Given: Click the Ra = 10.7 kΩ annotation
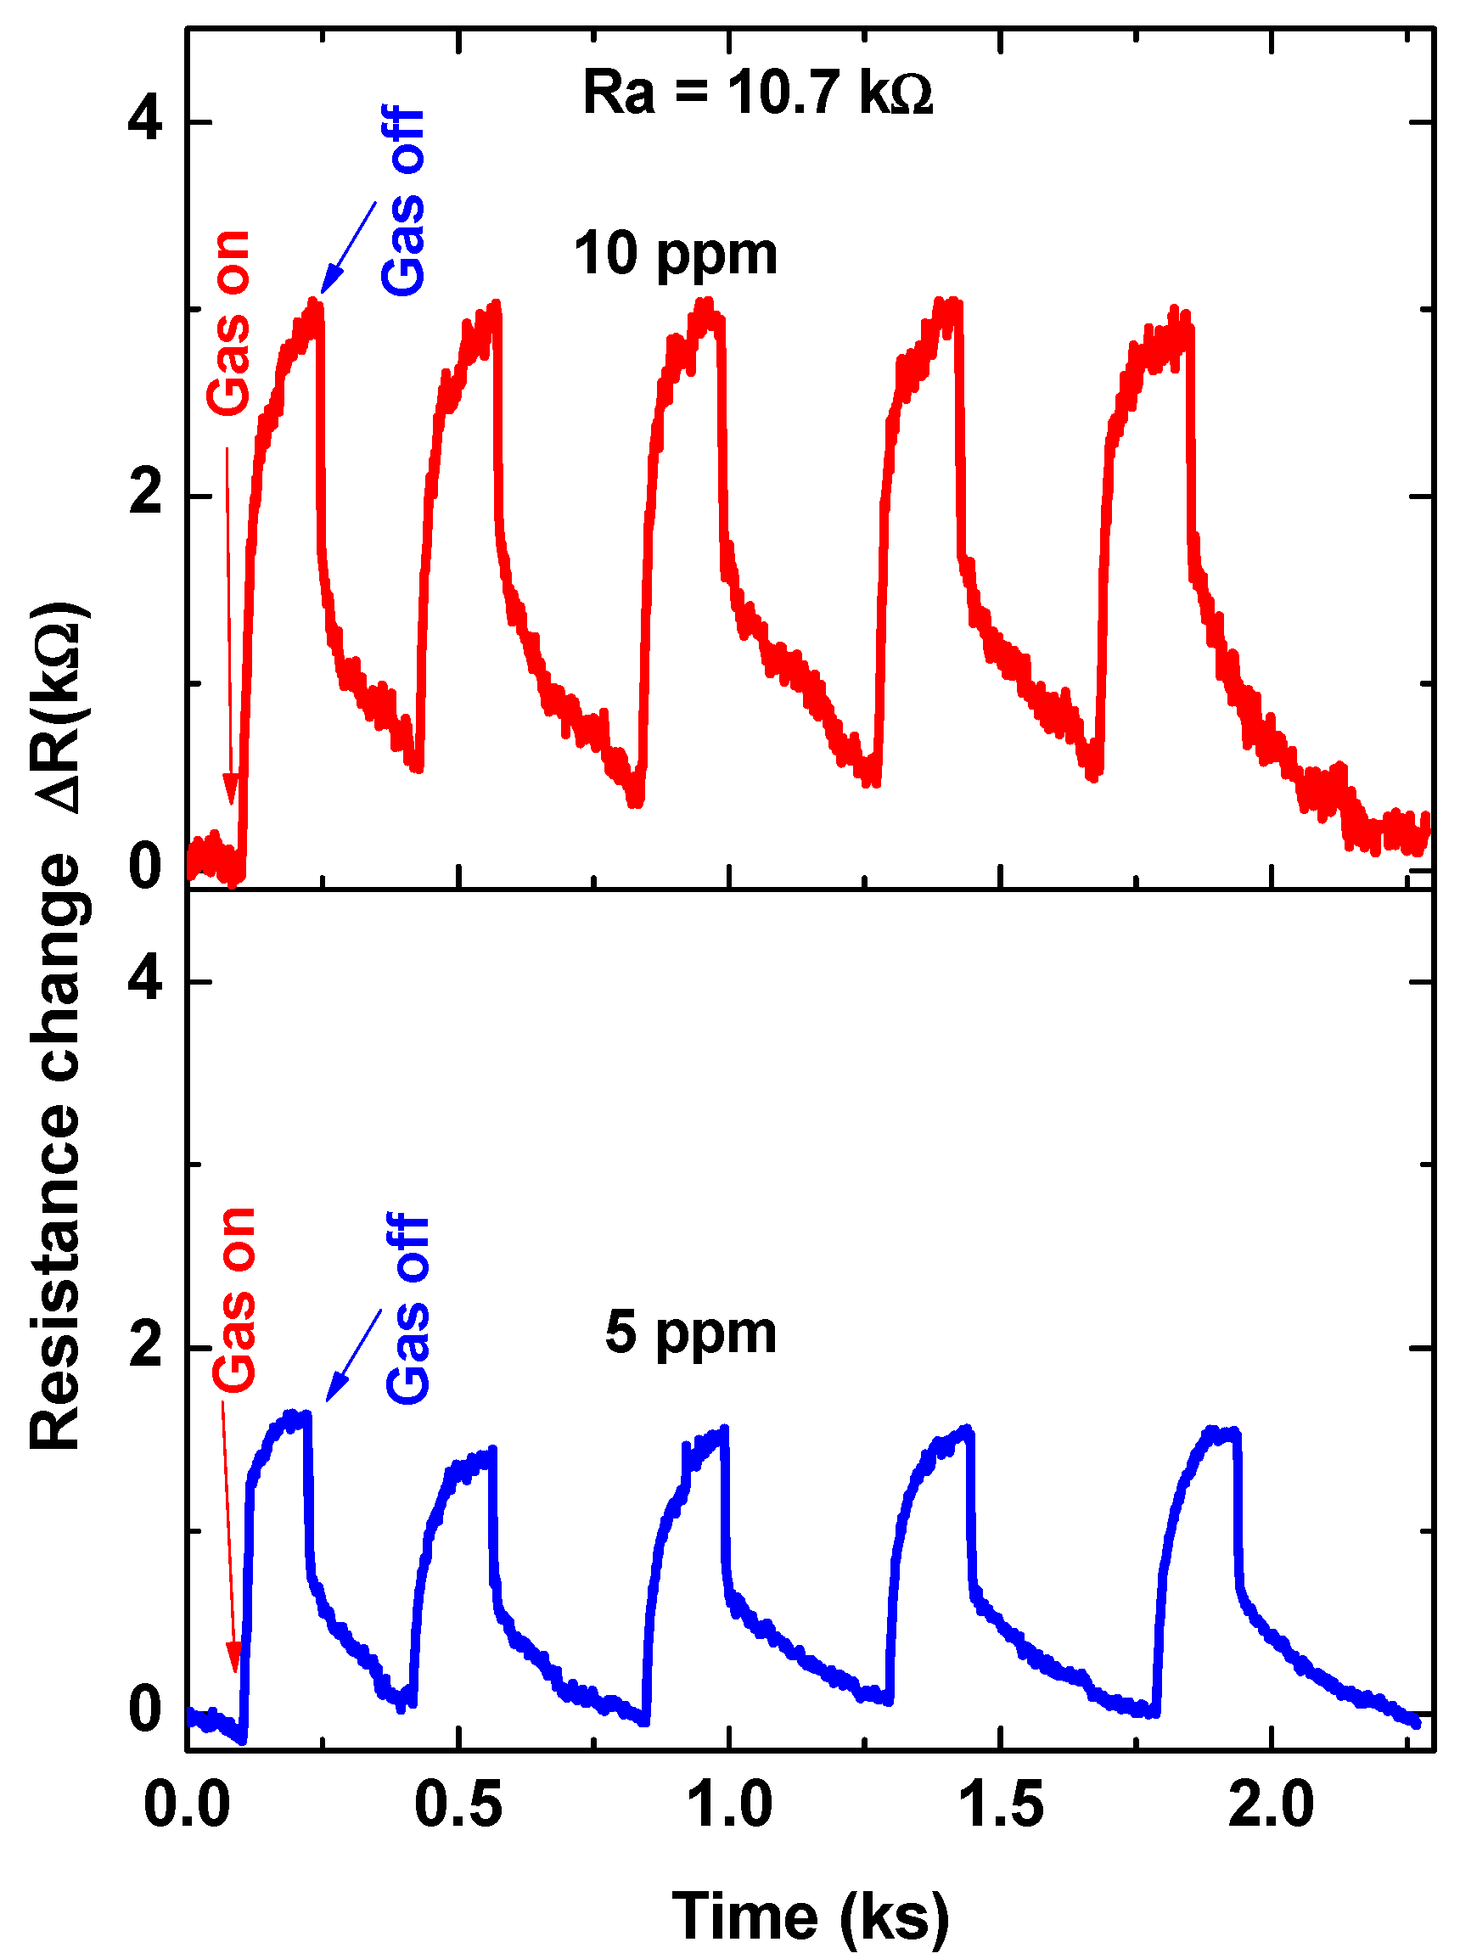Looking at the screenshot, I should [757, 93].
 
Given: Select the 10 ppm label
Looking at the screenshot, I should [675, 255].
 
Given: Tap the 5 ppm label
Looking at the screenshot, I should [690, 1333].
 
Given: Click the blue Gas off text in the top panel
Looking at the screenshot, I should [404, 201].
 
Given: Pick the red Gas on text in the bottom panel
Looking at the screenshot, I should [234, 1299].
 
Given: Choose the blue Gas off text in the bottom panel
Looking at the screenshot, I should [407, 1309].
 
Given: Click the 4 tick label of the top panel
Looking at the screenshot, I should [145, 120].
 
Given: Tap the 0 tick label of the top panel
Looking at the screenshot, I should [145, 867].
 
